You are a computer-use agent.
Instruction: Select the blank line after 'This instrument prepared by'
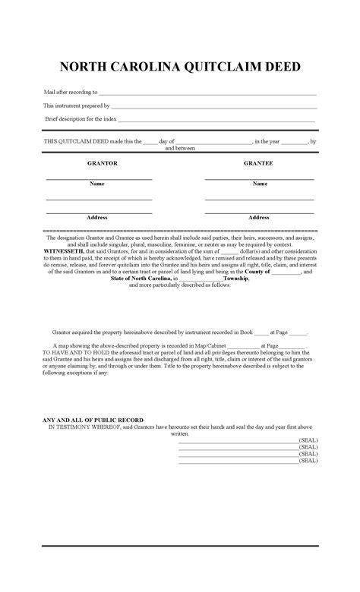[213, 108]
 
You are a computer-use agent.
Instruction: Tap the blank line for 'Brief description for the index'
[216, 121]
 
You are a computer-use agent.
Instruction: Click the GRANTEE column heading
[258, 163]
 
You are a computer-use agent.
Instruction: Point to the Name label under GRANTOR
[97, 184]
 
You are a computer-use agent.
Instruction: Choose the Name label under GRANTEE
[260, 184]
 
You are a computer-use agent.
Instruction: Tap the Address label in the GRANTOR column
[97, 218]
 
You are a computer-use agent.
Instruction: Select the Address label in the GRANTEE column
[260, 218]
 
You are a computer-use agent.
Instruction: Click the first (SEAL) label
[308, 440]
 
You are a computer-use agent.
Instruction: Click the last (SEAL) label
[308, 460]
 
